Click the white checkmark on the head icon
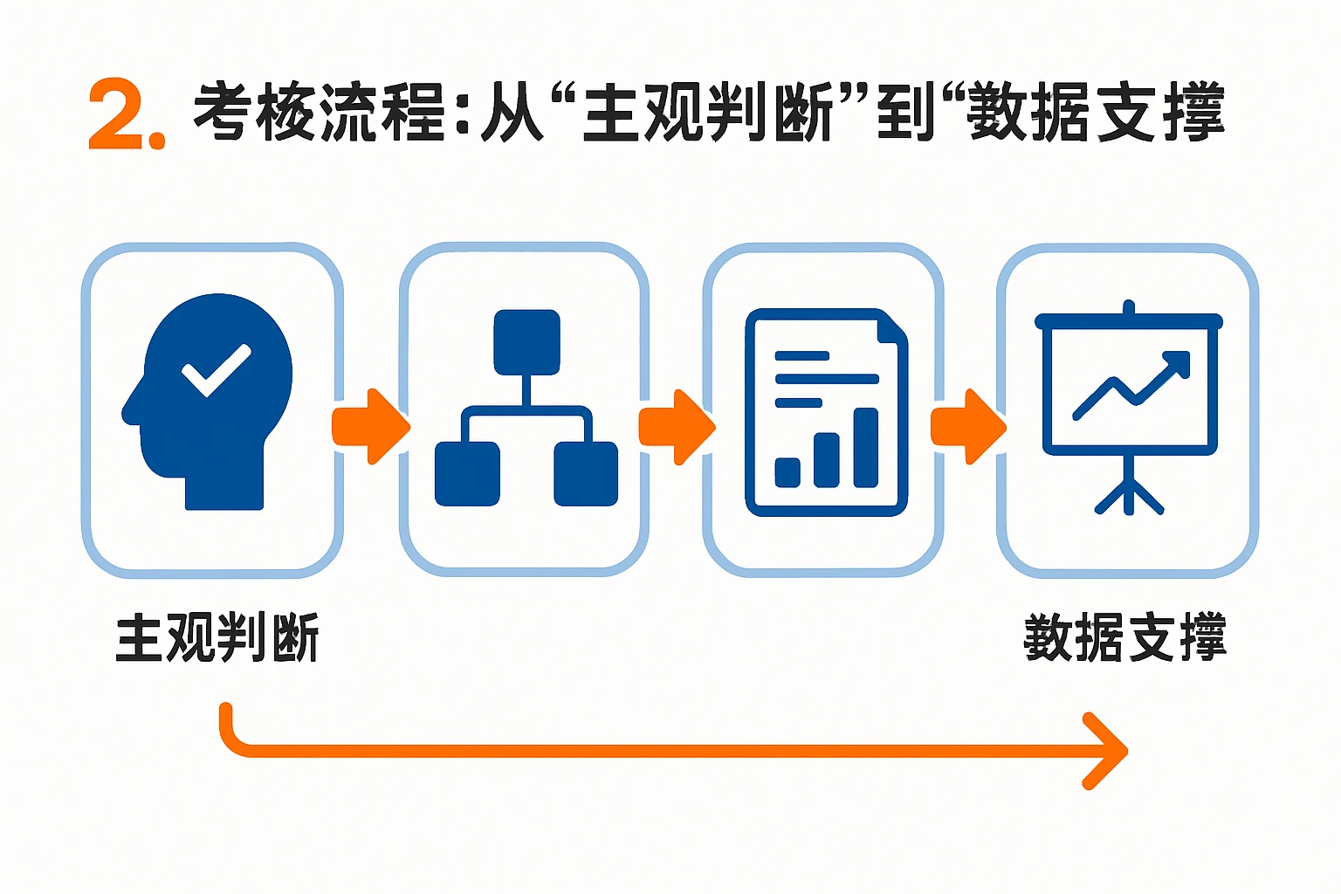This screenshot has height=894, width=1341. pyautogui.click(x=216, y=369)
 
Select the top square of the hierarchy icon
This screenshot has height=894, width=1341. pyautogui.click(x=526, y=341)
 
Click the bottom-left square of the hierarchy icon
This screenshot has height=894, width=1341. pyautogui.click(x=467, y=474)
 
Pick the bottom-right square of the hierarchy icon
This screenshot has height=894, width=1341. pyautogui.click(x=586, y=474)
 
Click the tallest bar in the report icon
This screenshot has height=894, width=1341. pyautogui.click(x=865, y=447)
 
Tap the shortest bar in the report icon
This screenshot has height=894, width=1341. pyautogui.click(x=787, y=471)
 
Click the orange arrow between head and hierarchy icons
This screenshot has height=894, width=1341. pyautogui.click(x=370, y=426)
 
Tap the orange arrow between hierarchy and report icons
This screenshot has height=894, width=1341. pyautogui.click(x=677, y=426)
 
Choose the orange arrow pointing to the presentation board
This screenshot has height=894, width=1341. pyautogui.click(x=968, y=426)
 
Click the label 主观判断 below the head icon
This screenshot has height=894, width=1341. pyautogui.click(x=217, y=638)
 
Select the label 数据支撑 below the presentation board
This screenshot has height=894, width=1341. pyautogui.click(x=1124, y=638)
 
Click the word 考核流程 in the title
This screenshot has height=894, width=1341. pyautogui.click(x=319, y=113)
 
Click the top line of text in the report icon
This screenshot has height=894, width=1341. pyautogui.click(x=801, y=356)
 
